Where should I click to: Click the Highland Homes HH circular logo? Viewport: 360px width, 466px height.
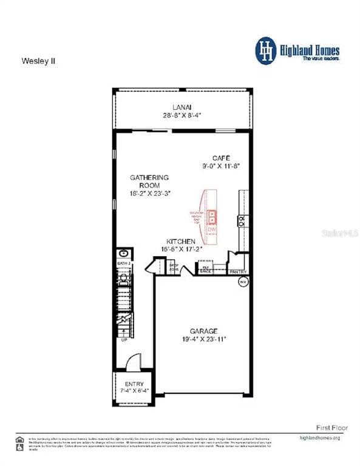point(265,50)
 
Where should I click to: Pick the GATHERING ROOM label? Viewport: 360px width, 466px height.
point(149,181)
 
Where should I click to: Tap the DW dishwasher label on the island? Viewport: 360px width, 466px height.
point(212,229)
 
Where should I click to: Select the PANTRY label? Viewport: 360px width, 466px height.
point(237,272)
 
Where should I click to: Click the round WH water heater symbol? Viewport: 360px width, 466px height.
point(243,282)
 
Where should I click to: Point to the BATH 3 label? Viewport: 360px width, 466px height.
point(123,264)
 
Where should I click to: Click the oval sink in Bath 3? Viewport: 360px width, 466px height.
point(123,254)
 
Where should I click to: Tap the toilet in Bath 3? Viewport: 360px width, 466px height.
point(123,279)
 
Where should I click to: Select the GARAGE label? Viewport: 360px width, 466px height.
point(203,331)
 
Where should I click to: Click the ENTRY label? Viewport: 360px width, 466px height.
point(134,384)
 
